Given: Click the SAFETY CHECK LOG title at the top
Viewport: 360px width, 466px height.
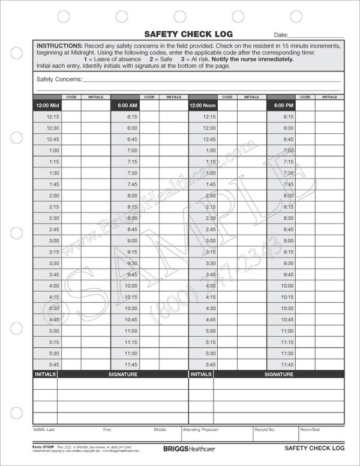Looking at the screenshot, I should coord(188,34).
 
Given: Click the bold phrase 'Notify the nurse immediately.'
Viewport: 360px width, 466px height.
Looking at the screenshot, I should coord(258,59).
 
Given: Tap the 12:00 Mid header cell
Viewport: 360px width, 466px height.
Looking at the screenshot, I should coord(47,106).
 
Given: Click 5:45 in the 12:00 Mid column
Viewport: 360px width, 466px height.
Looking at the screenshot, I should coord(53,365).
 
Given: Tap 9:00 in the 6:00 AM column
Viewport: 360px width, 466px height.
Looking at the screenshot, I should coord(132,241).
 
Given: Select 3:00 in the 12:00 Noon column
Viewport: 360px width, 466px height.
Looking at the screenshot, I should coord(210,241).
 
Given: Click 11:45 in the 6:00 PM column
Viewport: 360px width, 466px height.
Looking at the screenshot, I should coord(287,365).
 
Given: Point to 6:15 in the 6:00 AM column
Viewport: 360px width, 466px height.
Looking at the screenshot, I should coord(132,117).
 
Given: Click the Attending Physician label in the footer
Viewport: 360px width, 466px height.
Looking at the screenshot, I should coord(201,430).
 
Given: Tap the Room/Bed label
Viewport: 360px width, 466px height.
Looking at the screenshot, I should coord(310,430).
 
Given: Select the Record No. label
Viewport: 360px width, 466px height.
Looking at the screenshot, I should coord(264,430).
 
